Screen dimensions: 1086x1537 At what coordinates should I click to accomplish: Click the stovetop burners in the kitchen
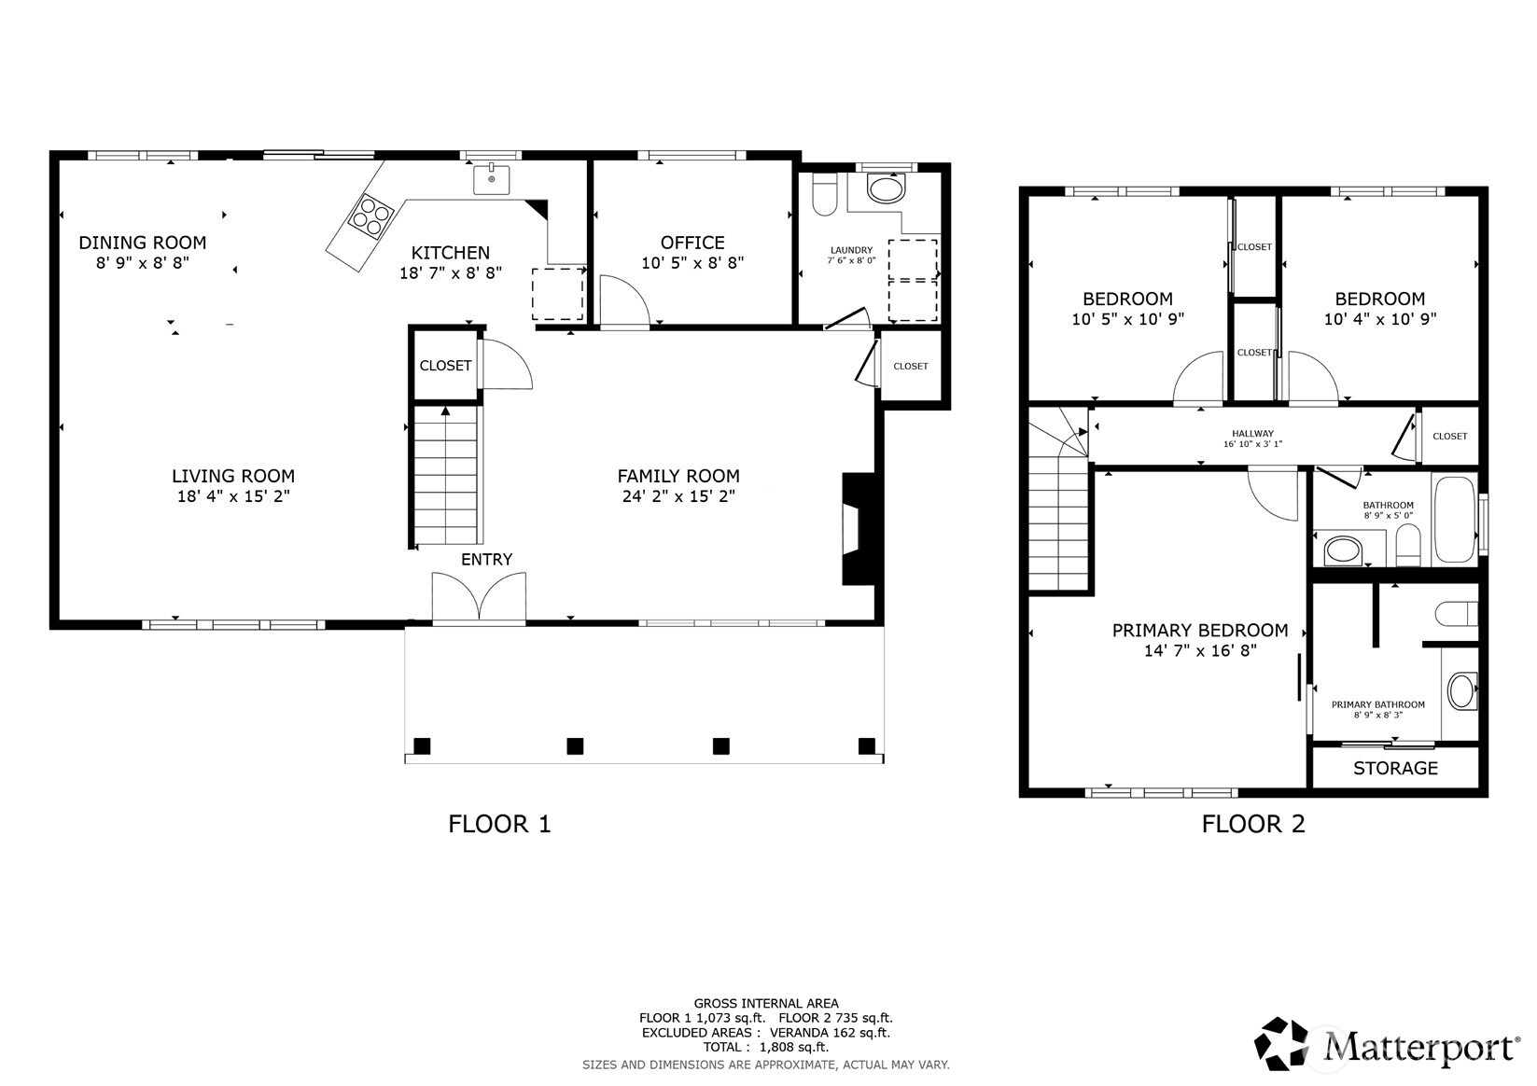(370, 216)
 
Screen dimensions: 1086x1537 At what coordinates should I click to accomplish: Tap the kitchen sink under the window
(491, 177)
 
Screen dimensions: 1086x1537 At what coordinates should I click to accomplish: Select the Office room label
(692, 243)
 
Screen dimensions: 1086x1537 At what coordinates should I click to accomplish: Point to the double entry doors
(479, 597)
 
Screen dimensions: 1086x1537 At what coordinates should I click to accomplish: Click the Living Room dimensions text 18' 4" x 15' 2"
(233, 496)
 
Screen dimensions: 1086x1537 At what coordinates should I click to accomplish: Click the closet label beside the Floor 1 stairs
(445, 366)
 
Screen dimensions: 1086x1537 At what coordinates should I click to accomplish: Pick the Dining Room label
(142, 243)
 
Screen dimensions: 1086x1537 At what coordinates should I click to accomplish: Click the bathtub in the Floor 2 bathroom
(1453, 520)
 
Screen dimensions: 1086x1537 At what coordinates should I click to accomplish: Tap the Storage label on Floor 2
(1395, 768)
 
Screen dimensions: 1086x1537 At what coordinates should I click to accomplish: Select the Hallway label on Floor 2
(1252, 434)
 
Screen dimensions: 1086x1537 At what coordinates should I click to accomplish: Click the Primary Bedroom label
(1199, 631)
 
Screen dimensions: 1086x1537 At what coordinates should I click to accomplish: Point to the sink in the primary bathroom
(1461, 692)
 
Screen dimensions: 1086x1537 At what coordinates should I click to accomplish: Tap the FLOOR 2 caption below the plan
(1252, 824)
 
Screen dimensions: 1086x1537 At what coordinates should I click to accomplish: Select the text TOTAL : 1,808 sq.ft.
(765, 1047)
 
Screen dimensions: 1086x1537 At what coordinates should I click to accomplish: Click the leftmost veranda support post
(422, 745)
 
